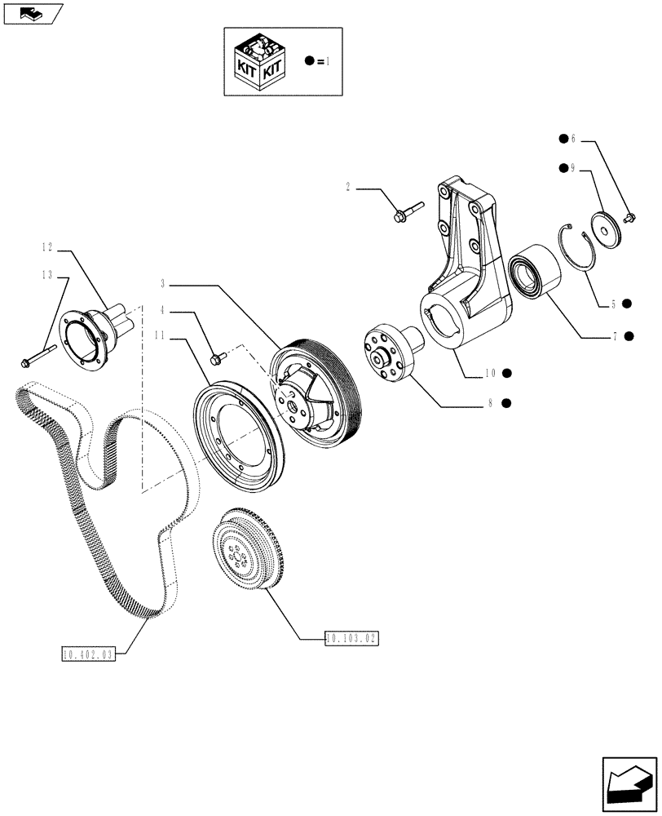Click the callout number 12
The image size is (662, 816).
tap(46, 246)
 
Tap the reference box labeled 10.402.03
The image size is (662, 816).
tap(89, 654)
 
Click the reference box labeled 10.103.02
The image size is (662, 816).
tap(352, 638)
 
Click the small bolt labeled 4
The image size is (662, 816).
tap(218, 357)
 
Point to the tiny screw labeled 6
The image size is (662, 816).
tap(629, 218)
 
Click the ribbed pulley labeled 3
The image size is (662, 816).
tap(314, 392)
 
